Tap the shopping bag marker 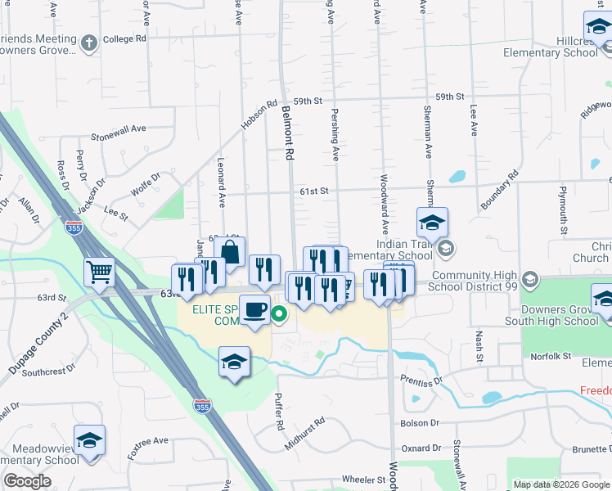coord(230,251)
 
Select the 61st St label coord(313,191)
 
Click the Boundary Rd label coord(500,190)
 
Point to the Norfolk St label coord(550,356)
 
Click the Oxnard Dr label coord(421,448)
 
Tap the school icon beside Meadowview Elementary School coord(89,440)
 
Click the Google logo coord(27,481)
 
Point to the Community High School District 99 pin coord(529,280)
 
